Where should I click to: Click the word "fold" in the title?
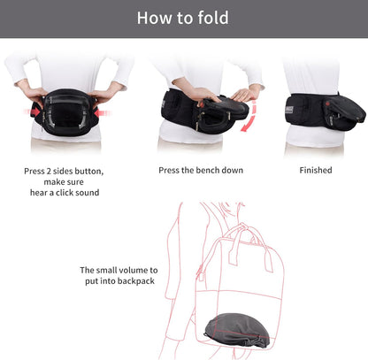210,19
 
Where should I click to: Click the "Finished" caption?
315,170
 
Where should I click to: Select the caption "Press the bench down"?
200,170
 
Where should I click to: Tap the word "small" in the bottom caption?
105,271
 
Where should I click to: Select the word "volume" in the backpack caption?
133,271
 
